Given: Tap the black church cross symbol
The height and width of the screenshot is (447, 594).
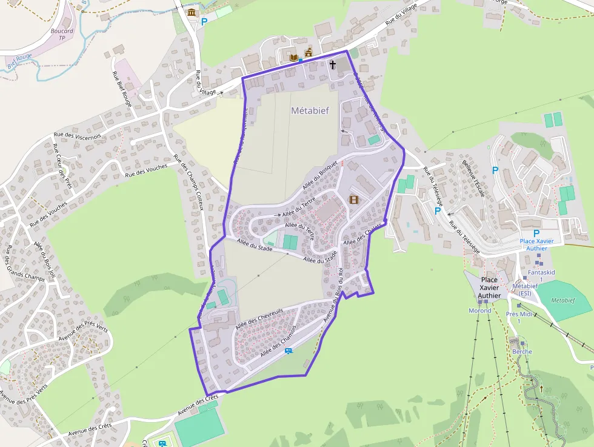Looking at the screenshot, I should pyautogui.click(x=333, y=64).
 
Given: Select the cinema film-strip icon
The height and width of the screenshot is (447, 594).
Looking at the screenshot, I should pyautogui.click(x=354, y=200).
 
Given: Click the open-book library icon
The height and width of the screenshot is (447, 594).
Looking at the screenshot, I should pyautogui.click(x=295, y=58).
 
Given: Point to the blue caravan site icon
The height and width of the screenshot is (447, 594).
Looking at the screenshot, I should pyautogui.click(x=289, y=351).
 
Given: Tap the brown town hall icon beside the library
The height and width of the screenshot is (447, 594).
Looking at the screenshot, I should pyautogui.click(x=308, y=53).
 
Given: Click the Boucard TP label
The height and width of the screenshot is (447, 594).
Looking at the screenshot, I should pyautogui.click(x=62, y=35).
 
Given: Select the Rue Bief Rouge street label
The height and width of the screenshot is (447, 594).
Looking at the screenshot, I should pyautogui.click(x=121, y=88).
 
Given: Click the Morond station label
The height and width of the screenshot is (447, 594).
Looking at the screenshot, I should pyautogui.click(x=480, y=311).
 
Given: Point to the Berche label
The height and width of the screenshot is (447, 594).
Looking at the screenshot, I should pyautogui.click(x=522, y=352).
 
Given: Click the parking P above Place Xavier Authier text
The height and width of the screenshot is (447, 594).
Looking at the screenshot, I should pyautogui.click(x=536, y=234).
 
